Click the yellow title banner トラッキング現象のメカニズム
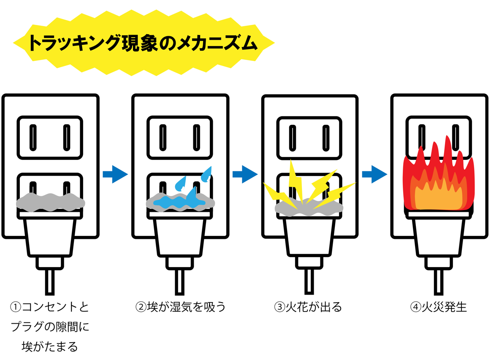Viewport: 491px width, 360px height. [x=144, y=43]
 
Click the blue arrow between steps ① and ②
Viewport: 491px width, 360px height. [x=115, y=174]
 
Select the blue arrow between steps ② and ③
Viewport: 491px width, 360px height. [x=245, y=174]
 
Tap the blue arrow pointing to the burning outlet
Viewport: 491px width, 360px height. [x=374, y=174]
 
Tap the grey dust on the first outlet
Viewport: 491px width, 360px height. [x=50, y=202]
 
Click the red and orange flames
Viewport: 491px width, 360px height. [x=439, y=186]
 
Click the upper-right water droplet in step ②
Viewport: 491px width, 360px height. [x=207, y=173]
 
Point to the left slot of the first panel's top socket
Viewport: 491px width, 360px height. [x=33, y=138]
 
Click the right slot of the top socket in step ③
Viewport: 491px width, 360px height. [x=325, y=138]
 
